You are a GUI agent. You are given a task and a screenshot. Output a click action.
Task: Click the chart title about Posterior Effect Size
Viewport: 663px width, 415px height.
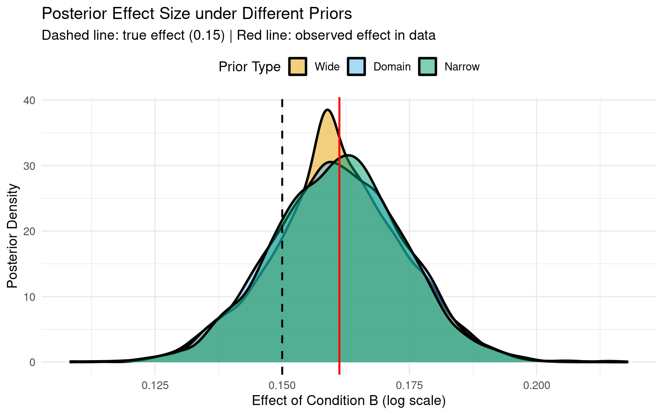[x=197, y=14]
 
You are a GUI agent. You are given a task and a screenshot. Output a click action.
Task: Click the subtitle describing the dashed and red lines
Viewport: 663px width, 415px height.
[x=238, y=35]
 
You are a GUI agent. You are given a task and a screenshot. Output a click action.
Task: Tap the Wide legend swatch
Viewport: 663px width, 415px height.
[x=298, y=67]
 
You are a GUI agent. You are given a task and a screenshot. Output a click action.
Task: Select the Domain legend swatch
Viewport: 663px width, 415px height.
[x=357, y=67]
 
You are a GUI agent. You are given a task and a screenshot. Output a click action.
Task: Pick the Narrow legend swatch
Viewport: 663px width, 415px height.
[x=428, y=67]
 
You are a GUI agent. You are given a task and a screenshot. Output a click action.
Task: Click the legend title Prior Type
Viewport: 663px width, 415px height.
[x=249, y=67]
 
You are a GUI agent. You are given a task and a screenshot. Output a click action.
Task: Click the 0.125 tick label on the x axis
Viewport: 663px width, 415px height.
[x=155, y=385]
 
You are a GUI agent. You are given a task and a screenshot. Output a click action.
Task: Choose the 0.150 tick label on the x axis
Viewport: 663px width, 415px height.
[x=282, y=385]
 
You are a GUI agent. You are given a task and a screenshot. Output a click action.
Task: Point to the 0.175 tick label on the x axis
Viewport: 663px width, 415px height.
[x=409, y=385]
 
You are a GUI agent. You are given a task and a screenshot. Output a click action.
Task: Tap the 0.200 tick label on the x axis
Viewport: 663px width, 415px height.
[x=537, y=385]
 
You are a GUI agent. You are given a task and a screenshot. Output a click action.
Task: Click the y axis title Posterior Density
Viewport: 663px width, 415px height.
[x=13, y=236]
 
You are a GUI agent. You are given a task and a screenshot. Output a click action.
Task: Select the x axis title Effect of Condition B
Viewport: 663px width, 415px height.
[x=348, y=401]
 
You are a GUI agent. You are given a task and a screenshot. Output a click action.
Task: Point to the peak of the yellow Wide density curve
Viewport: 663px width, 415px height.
[x=328, y=110]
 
